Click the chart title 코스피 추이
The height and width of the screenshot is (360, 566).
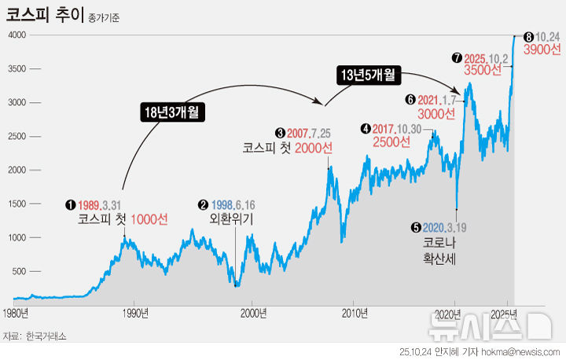[40, 15]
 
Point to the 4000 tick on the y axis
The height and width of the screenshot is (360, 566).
[17, 35]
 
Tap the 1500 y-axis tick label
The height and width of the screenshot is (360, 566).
[17, 204]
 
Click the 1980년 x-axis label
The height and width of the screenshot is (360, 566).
[15, 314]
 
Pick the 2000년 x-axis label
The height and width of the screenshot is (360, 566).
[252, 314]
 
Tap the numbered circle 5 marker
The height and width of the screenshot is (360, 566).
[416, 227]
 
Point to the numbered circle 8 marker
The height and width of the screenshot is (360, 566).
[528, 36]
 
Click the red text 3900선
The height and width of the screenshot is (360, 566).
[542, 50]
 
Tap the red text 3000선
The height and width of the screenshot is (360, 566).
[437, 113]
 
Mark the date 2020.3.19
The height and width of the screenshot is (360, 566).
[445, 227]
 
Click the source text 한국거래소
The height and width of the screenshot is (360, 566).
[46, 336]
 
